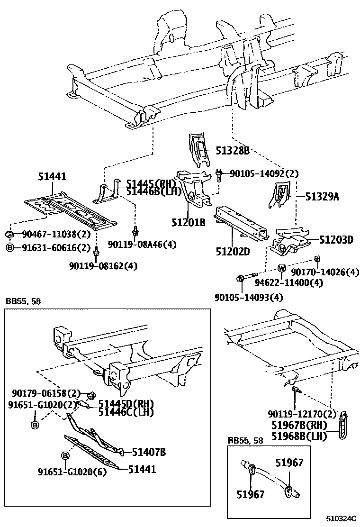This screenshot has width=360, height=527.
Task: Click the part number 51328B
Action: [x=232, y=151]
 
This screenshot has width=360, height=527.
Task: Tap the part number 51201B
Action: [x=189, y=221]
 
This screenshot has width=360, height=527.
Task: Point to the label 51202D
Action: [x=233, y=252]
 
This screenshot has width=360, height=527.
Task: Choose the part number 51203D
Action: [x=336, y=240]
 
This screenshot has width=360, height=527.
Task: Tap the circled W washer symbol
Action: [x=281, y=269]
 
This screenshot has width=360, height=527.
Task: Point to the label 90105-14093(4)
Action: [x=249, y=297]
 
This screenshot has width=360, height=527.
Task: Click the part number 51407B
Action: [x=148, y=452]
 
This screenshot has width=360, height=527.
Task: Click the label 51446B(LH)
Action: [x=150, y=191]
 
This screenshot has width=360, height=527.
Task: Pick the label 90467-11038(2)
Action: [x=49, y=234]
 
